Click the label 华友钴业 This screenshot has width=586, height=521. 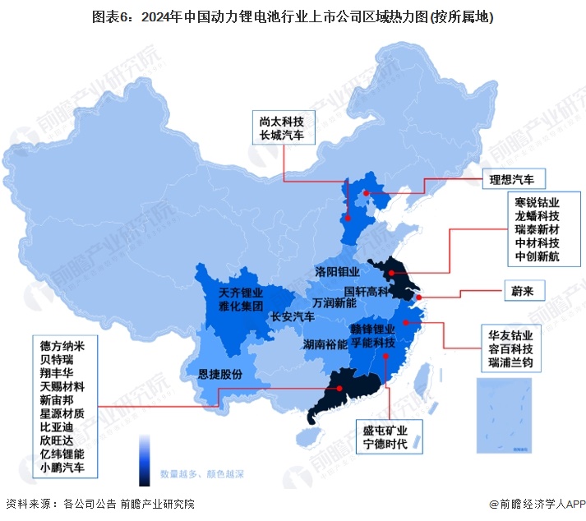coord(510,335)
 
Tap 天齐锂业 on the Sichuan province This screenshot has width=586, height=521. coord(241,293)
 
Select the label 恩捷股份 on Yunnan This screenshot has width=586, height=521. coord(220,375)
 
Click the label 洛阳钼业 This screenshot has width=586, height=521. coord(337,271)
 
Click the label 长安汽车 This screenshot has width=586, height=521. coord(293,316)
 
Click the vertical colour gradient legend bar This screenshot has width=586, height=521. coord(145,461)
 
